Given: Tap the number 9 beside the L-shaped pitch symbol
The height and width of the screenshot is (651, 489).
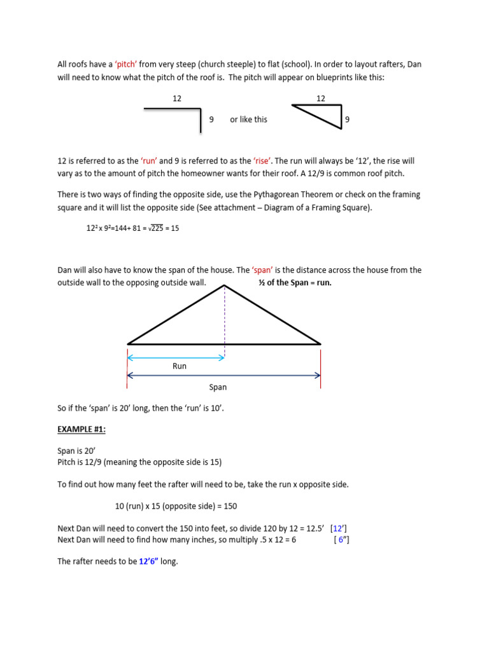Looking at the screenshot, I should tap(211, 120).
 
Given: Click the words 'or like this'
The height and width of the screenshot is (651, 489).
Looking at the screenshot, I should tap(248, 120).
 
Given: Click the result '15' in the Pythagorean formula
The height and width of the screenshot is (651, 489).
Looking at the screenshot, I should tap(174, 228).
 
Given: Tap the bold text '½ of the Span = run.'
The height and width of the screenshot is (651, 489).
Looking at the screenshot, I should tap(295, 283).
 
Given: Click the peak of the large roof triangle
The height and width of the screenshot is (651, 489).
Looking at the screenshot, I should tap(225, 286).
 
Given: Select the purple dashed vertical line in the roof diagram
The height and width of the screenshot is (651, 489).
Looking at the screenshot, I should tap(225, 318).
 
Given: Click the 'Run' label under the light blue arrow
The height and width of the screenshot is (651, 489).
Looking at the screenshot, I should tap(180, 366).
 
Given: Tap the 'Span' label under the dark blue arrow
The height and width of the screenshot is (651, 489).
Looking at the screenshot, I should tap(218, 387).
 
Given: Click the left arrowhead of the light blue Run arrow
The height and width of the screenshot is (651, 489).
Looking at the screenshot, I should tap(131, 358).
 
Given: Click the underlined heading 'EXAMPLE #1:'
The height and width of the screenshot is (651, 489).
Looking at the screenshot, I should tap(81, 430).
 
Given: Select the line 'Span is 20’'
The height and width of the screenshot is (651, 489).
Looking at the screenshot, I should tap(76, 451).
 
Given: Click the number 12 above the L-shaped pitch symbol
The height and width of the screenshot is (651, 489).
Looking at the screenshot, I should tap(177, 99).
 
